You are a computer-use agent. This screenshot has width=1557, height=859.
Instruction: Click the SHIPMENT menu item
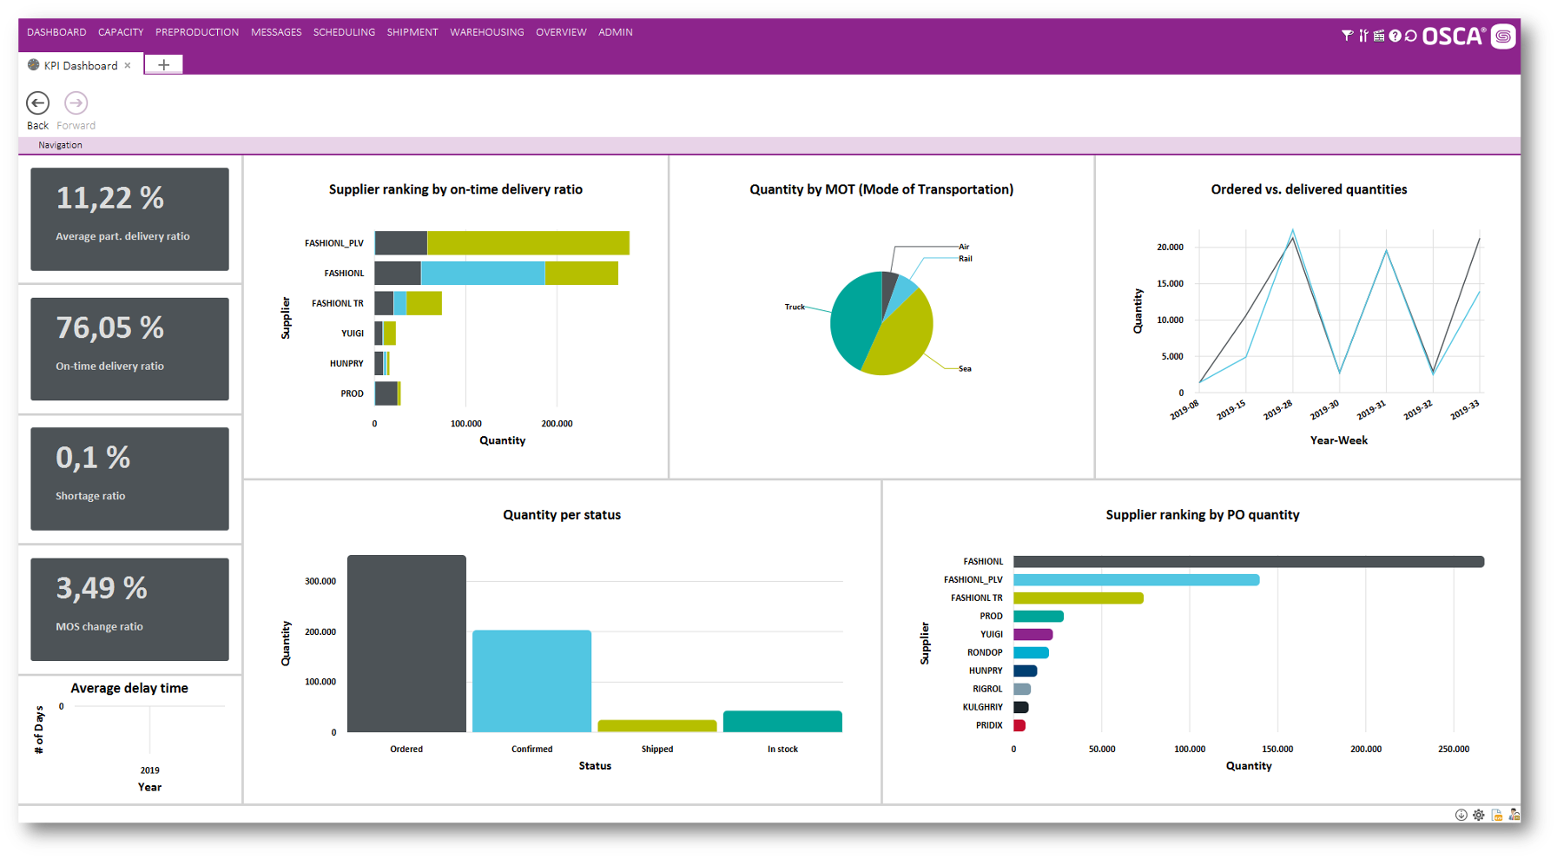click(x=412, y=32)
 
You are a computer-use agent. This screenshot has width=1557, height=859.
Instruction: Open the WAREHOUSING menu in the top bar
click(x=486, y=32)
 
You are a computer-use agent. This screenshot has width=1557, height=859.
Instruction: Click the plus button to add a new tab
click(x=163, y=64)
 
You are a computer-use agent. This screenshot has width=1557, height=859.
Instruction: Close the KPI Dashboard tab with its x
click(x=128, y=65)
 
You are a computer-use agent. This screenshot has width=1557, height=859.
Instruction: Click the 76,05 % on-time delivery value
click(x=109, y=328)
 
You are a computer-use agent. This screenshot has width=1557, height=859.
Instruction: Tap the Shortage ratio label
click(x=90, y=496)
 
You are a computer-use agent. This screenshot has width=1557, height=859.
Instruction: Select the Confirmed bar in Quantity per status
click(x=531, y=681)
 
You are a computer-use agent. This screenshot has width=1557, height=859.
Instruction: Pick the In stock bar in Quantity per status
click(x=782, y=722)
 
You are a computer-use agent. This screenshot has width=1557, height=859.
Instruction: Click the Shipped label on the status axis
click(x=656, y=749)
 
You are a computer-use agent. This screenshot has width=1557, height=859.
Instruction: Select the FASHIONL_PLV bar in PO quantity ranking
click(x=1136, y=579)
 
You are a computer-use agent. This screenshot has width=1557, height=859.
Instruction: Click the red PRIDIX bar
click(x=1019, y=725)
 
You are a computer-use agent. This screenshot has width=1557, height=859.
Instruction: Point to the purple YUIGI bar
click(x=1033, y=634)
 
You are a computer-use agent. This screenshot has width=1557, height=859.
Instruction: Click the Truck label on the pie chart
click(x=794, y=307)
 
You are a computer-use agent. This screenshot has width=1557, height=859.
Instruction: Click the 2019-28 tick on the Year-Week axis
click(x=1277, y=410)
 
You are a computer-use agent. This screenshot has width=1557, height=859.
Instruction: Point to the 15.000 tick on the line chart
click(x=1169, y=283)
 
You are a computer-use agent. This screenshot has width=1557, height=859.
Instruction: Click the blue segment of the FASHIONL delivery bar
click(x=482, y=273)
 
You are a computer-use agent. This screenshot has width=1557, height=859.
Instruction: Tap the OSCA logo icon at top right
click(x=1503, y=36)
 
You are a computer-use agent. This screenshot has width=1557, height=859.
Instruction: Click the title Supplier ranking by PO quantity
click(x=1202, y=514)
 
